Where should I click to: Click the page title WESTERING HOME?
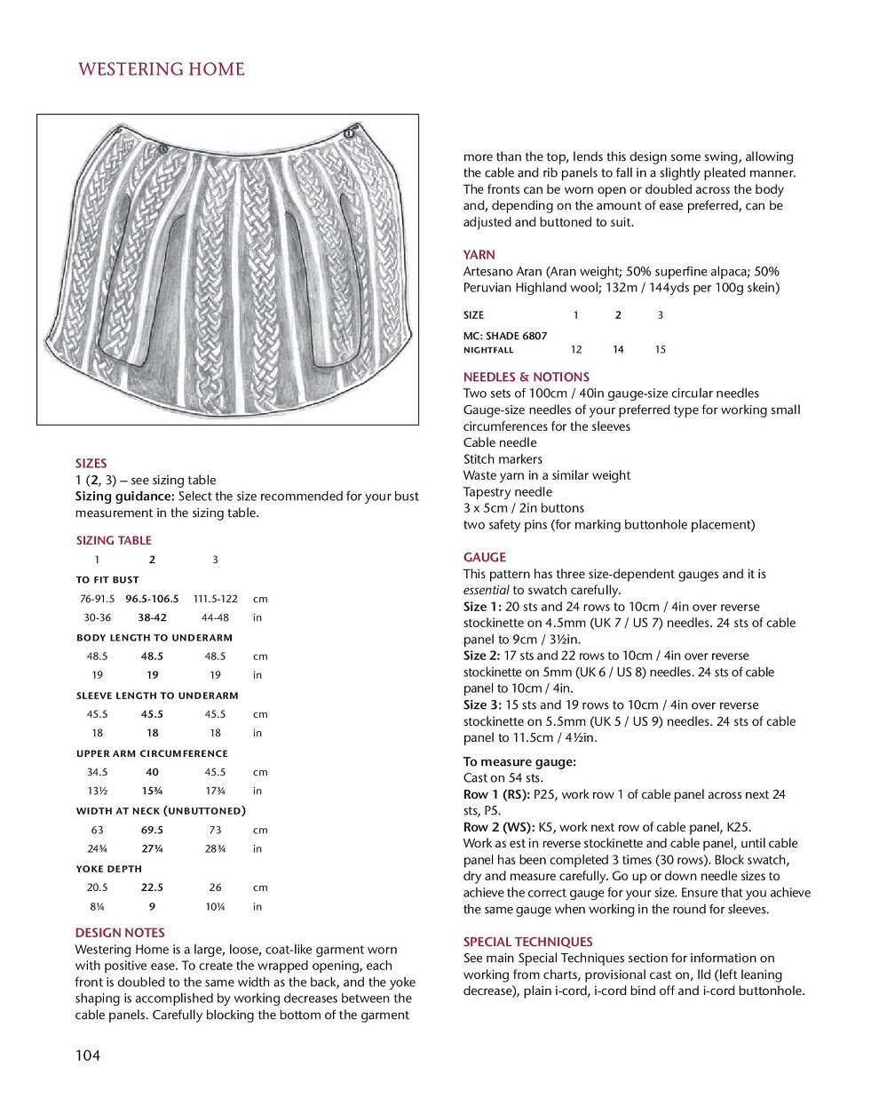[161, 69]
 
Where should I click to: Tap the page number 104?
[88, 1055]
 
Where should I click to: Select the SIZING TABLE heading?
[114, 540]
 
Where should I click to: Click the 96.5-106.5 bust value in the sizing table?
[152, 599]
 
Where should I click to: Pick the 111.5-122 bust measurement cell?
[215, 599]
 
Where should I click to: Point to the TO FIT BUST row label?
[107, 579]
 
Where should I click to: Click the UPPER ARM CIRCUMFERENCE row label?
[152, 753]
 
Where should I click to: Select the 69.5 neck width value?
[152, 830]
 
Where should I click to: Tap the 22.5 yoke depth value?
[152, 887]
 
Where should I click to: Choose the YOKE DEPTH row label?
[109, 869]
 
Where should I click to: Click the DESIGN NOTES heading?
[120, 933]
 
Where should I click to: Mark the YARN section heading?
[479, 255]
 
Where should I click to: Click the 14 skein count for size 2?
[618, 350]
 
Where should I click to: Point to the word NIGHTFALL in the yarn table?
[488, 350]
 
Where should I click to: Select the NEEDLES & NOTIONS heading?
[526, 377]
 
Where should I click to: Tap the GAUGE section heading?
[485, 557]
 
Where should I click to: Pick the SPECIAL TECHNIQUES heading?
[527, 942]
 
